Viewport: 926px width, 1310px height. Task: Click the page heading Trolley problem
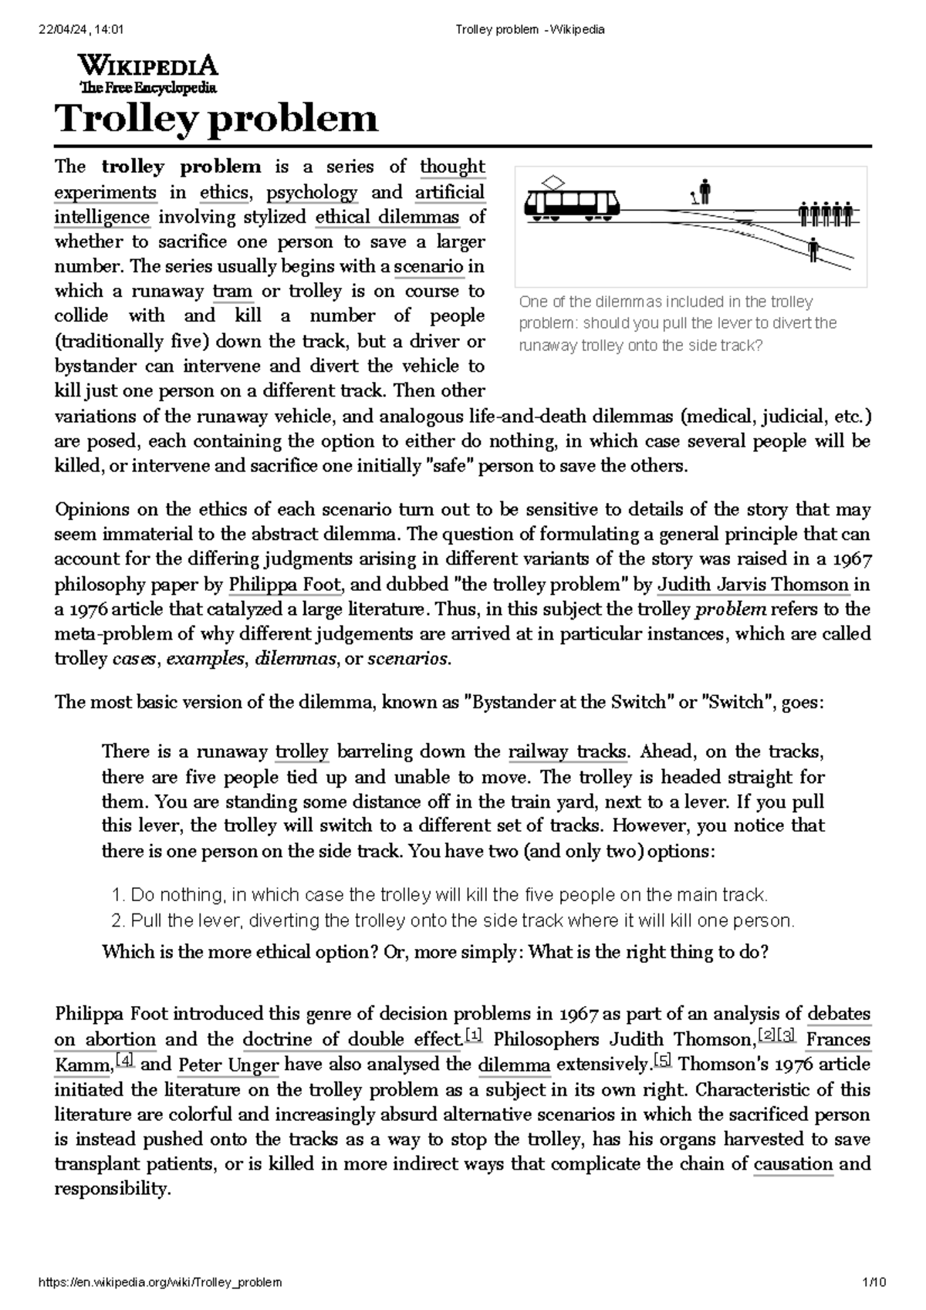click(x=216, y=119)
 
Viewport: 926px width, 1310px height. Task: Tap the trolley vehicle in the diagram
click(x=572, y=202)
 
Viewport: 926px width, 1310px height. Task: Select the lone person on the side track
click(x=814, y=249)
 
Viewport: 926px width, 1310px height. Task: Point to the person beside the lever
click(x=705, y=189)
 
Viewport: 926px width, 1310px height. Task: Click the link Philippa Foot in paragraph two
click(x=285, y=584)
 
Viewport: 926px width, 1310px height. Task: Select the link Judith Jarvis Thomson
click(x=752, y=584)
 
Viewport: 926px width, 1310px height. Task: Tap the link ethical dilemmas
click(x=387, y=217)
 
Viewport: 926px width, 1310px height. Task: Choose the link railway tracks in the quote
click(x=568, y=751)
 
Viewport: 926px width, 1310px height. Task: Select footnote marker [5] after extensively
click(x=662, y=1060)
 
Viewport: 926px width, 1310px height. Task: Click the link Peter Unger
click(x=228, y=1065)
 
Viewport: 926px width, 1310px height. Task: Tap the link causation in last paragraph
click(x=793, y=1164)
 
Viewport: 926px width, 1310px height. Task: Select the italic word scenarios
click(x=407, y=659)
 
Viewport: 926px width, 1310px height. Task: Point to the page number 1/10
click(x=874, y=1282)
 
